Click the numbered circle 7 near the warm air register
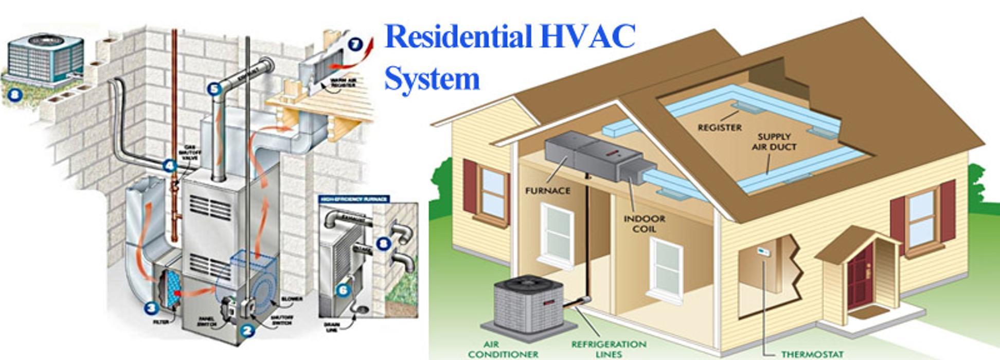(354, 44)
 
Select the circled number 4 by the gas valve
(169, 166)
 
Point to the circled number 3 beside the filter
(150, 308)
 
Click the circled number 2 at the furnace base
(247, 330)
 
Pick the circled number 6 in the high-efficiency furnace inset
(343, 290)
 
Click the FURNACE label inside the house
(547, 191)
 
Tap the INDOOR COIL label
(644, 224)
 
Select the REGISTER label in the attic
(719, 128)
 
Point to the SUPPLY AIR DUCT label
(774, 141)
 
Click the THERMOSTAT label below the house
(812, 354)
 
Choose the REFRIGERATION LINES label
(609, 349)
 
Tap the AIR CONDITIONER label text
(503, 349)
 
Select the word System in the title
(432, 79)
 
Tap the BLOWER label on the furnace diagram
(292, 299)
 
